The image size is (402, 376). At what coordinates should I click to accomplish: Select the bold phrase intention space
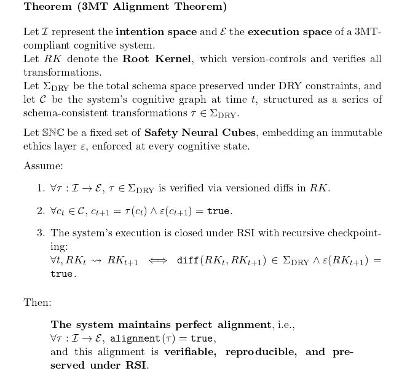[156, 32]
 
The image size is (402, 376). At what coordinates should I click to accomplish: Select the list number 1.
[41, 188]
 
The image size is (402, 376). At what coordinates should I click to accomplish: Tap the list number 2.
[41, 211]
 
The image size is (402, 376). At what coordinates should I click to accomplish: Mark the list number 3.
[41, 233]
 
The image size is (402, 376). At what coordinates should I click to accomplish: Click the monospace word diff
[187, 260]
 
